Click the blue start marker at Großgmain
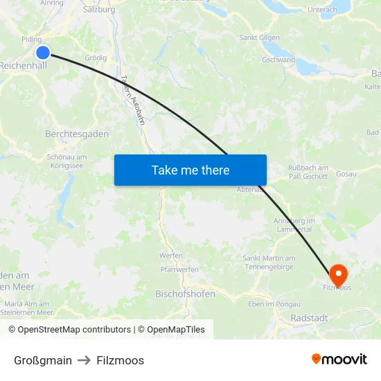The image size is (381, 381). pyautogui.click(x=43, y=52)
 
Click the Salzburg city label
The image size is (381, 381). pyautogui.click(x=98, y=10)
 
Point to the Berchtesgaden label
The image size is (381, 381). pyautogui.click(x=76, y=134)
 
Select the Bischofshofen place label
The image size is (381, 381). pyautogui.click(x=186, y=294)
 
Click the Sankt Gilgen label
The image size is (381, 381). pyautogui.click(x=259, y=37)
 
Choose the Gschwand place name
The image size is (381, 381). pyautogui.click(x=278, y=60)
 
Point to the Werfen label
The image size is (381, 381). pyautogui.click(x=170, y=256)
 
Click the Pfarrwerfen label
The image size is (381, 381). pyautogui.click(x=179, y=269)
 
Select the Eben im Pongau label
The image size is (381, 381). pyautogui.click(x=274, y=304)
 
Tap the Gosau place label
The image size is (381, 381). pyautogui.click(x=346, y=173)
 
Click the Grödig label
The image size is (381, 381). pyautogui.click(x=95, y=57)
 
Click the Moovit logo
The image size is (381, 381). pyautogui.click(x=339, y=360)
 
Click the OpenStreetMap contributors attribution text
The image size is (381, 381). pyautogui.click(x=71, y=330)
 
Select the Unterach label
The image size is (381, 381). pyautogui.click(x=321, y=10)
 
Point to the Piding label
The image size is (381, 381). pyautogui.click(x=31, y=39)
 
